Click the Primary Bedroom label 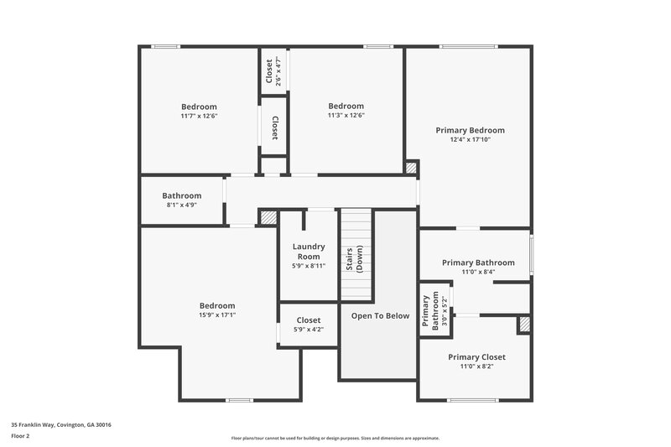(470, 130)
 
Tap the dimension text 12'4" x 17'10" (470, 140)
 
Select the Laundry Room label (308, 251)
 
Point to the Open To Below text (380, 315)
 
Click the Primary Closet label (476, 356)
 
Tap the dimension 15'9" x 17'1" (217, 315)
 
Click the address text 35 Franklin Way (61, 424)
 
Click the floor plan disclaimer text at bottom (335, 438)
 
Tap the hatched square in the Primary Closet (523, 325)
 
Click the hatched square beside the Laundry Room (268, 217)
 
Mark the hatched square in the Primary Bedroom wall (411, 168)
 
